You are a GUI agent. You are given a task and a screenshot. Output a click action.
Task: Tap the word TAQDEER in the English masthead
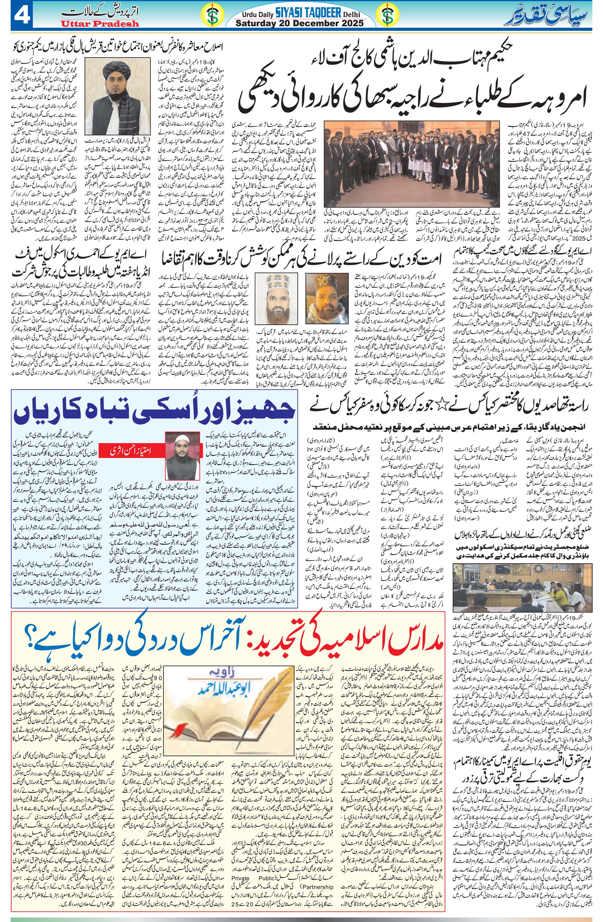coord(318,14)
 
